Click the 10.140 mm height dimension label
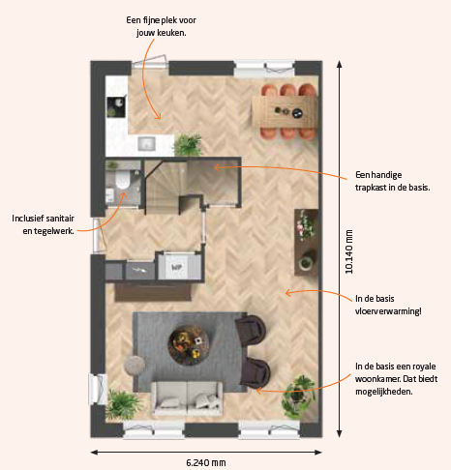[x=349, y=251]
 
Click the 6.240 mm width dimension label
[x=206, y=463]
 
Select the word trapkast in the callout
[x=371, y=188]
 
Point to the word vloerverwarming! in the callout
[x=388, y=311]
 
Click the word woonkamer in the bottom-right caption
[x=374, y=379]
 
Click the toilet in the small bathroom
[x=122, y=179]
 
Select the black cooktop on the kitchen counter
[x=116, y=107]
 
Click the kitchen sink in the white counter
[x=147, y=143]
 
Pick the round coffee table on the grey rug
[x=189, y=345]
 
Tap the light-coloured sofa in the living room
[x=187, y=398]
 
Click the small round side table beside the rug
[x=135, y=365]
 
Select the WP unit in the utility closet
[x=178, y=266]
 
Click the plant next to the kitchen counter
[x=188, y=145]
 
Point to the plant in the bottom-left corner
[x=122, y=404]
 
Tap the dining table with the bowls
[x=285, y=112]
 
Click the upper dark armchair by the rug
[x=251, y=331]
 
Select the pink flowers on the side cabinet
[x=305, y=224]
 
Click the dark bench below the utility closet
[x=153, y=292]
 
